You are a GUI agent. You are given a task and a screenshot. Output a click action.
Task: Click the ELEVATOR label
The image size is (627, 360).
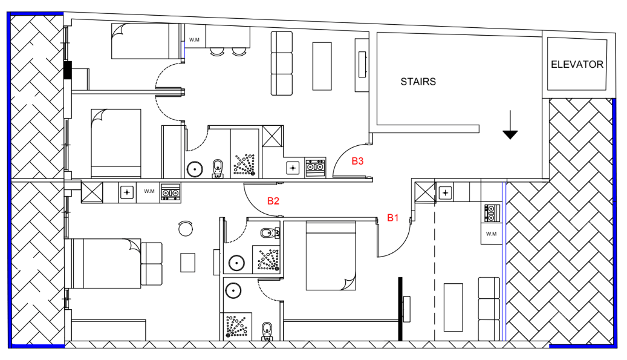577,64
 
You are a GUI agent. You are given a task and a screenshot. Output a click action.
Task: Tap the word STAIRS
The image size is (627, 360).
418,82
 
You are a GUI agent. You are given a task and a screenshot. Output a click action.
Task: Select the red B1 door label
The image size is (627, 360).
392,218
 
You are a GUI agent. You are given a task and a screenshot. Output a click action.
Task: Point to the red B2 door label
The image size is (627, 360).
273,201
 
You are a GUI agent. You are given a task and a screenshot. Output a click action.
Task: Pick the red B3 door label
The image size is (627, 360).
357,161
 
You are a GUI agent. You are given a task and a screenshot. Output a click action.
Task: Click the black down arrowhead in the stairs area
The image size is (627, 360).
510,135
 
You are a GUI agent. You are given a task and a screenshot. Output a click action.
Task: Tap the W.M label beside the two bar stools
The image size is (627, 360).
194,39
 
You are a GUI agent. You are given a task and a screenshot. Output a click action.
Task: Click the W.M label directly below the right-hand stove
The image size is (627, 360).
491,234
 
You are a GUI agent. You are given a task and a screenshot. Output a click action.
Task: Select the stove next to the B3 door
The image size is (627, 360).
316,168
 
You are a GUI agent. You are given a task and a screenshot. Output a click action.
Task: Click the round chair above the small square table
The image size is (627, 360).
186,228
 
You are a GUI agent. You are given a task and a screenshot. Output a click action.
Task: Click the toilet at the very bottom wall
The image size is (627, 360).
267,331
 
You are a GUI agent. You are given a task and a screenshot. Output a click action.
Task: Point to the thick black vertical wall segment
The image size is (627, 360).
400,309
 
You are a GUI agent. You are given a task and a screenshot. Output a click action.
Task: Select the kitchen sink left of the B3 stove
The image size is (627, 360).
293,168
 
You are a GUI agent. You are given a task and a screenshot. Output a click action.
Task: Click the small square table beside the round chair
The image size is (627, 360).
188,263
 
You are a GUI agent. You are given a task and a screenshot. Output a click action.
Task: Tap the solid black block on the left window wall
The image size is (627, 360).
68,69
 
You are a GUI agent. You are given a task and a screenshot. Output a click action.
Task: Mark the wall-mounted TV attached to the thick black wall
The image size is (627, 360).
407,309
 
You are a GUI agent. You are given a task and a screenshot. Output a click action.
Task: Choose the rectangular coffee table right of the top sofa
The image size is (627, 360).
322,66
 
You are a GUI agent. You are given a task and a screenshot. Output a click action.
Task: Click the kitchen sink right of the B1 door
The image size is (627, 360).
445,193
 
